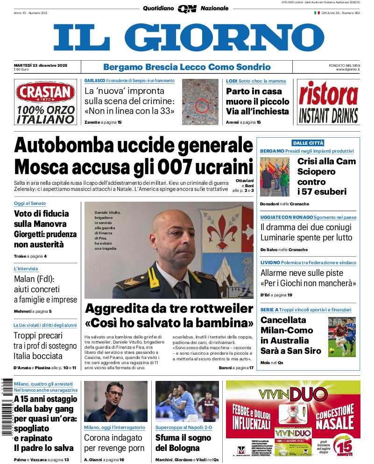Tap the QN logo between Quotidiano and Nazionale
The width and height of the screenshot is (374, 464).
click(187, 8)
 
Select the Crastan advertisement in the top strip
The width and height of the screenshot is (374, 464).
click(45, 102)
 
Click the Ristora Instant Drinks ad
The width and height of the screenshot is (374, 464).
click(328, 102)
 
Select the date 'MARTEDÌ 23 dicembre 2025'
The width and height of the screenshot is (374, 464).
click(41, 65)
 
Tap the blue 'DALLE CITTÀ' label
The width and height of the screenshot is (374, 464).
click(308, 143)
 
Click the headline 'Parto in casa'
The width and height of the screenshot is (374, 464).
click(254, 91)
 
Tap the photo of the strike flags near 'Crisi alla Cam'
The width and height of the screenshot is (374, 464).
click(275, 176)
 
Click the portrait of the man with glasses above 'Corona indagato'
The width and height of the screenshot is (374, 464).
click(115, 401)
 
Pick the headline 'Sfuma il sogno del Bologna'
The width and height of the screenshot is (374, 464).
click(183, 443)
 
